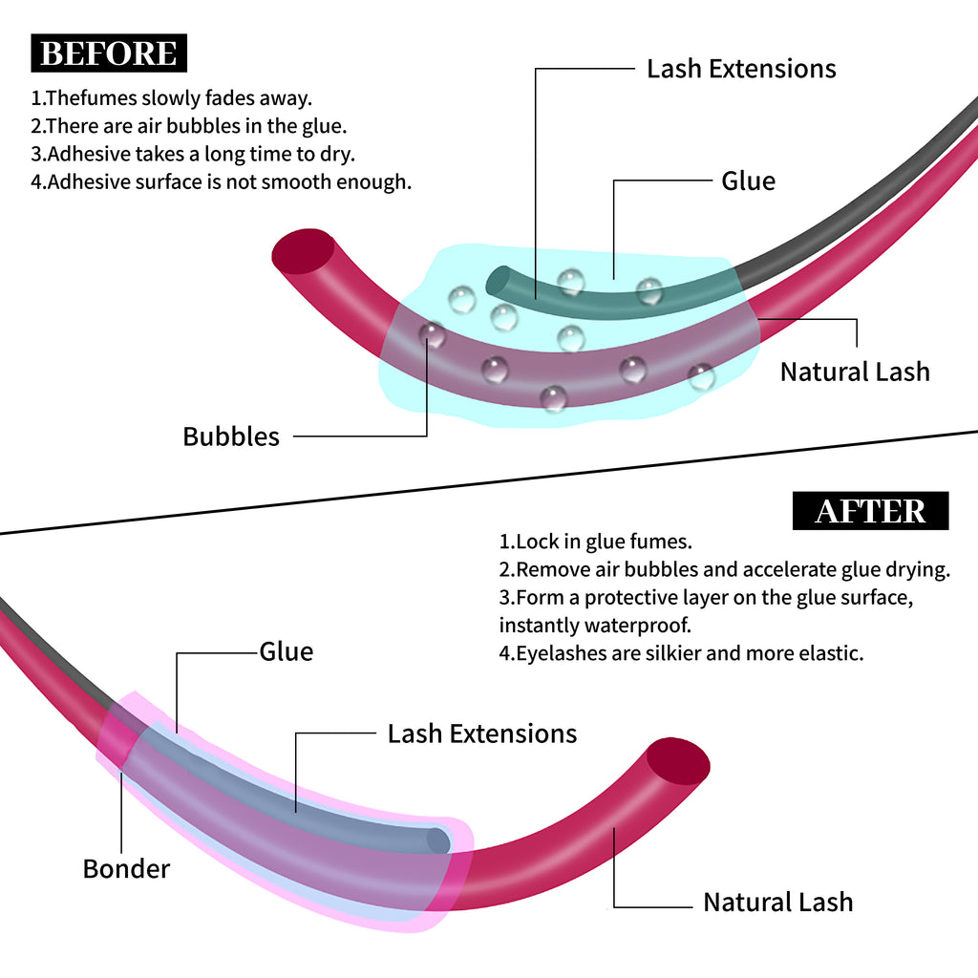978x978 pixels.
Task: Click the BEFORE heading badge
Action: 109,53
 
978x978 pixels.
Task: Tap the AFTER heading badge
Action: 870,511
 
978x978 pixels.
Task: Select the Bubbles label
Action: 231,436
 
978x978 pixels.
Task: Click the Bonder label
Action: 126,868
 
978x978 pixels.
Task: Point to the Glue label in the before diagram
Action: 748,181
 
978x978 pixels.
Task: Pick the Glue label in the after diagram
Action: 287,651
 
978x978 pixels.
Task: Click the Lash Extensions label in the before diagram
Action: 741,69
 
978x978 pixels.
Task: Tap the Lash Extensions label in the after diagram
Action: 481,733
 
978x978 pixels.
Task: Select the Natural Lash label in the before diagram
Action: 855,372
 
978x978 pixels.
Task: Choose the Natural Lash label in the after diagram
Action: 777,902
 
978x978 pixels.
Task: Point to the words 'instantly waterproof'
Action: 594,626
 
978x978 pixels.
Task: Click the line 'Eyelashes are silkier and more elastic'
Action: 681,653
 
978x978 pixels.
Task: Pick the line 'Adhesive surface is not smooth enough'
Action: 221,181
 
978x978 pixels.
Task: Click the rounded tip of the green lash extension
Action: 498,282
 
